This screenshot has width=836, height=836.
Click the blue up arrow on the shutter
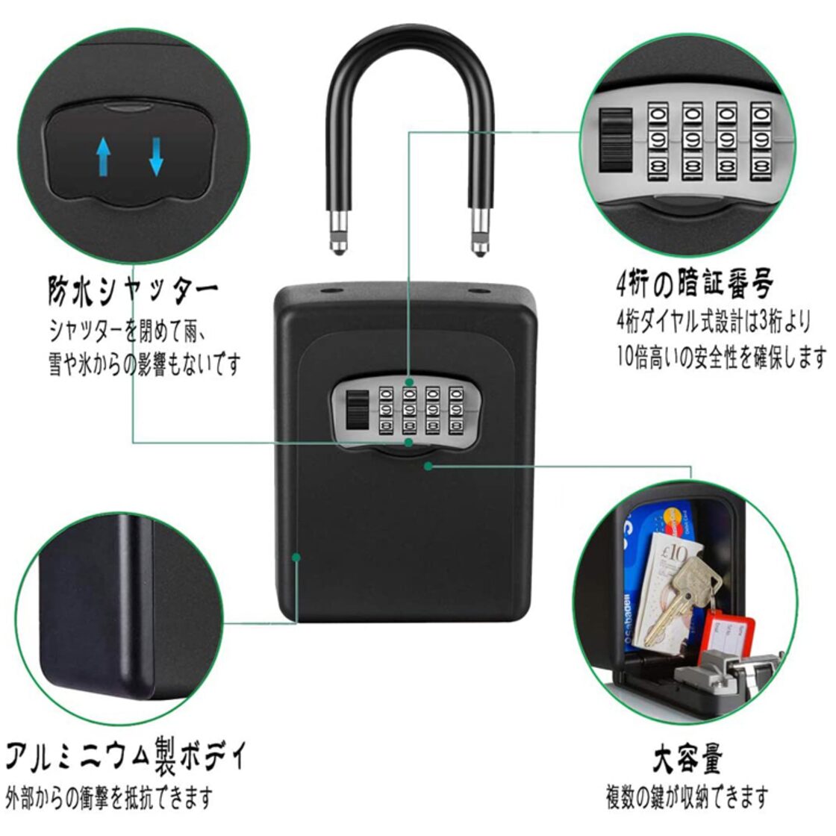point(103,156)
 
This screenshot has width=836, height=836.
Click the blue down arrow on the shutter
point(156,156)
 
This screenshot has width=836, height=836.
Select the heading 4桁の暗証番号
point(694,284)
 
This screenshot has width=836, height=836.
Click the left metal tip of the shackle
point(337,234)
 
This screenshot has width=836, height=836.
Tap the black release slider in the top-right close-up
point(615,140)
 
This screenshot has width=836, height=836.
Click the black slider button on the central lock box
point(358,410)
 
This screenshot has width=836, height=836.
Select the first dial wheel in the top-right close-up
point(661,140)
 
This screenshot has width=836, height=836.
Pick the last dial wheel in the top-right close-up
point(764,140)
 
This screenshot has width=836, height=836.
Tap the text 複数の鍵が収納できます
point(687,797)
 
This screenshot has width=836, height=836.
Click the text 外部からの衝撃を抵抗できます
point(109,798)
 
